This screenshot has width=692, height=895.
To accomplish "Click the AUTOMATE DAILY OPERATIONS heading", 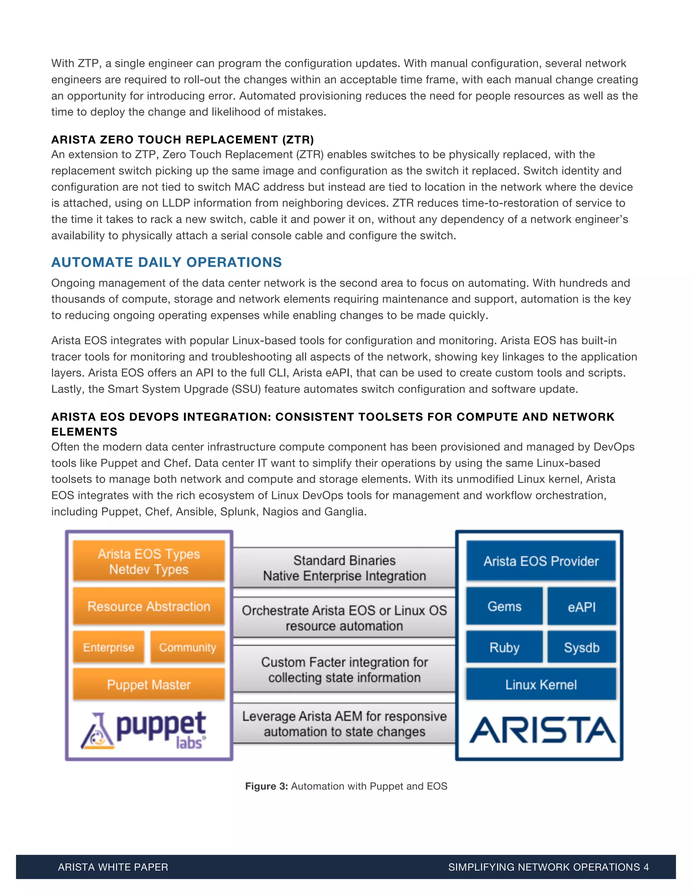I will [167, 262].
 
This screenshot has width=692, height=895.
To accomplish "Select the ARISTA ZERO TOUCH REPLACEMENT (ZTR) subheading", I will [182, 140].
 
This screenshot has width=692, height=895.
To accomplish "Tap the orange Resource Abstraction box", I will [149, 606].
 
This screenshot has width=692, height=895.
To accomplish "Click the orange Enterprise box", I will [109, 647].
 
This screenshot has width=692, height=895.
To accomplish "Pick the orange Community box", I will [187, 647].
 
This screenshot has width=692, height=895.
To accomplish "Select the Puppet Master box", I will [149, 684].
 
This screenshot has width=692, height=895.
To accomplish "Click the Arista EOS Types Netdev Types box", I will [149, 561].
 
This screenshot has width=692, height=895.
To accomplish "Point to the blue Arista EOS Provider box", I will [541, 561].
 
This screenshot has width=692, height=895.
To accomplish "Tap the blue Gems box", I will [504, 606].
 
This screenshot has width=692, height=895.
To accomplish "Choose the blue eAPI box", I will [581, 607].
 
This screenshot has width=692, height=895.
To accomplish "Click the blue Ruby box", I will [504, 647].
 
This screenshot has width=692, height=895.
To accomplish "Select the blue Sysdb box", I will [581, 647].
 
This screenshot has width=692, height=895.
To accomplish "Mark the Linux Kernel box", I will [541, 684].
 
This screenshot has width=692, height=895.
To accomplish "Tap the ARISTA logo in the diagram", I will [542, 730].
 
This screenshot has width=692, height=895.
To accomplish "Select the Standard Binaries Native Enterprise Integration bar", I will [344, 568].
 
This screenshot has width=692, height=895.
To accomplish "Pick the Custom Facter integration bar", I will [344, 670].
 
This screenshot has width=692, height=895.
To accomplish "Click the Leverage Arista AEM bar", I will [344, 724].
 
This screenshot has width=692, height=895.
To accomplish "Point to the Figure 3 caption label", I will [267, 786].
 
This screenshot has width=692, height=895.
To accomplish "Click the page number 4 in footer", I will [646, 867].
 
